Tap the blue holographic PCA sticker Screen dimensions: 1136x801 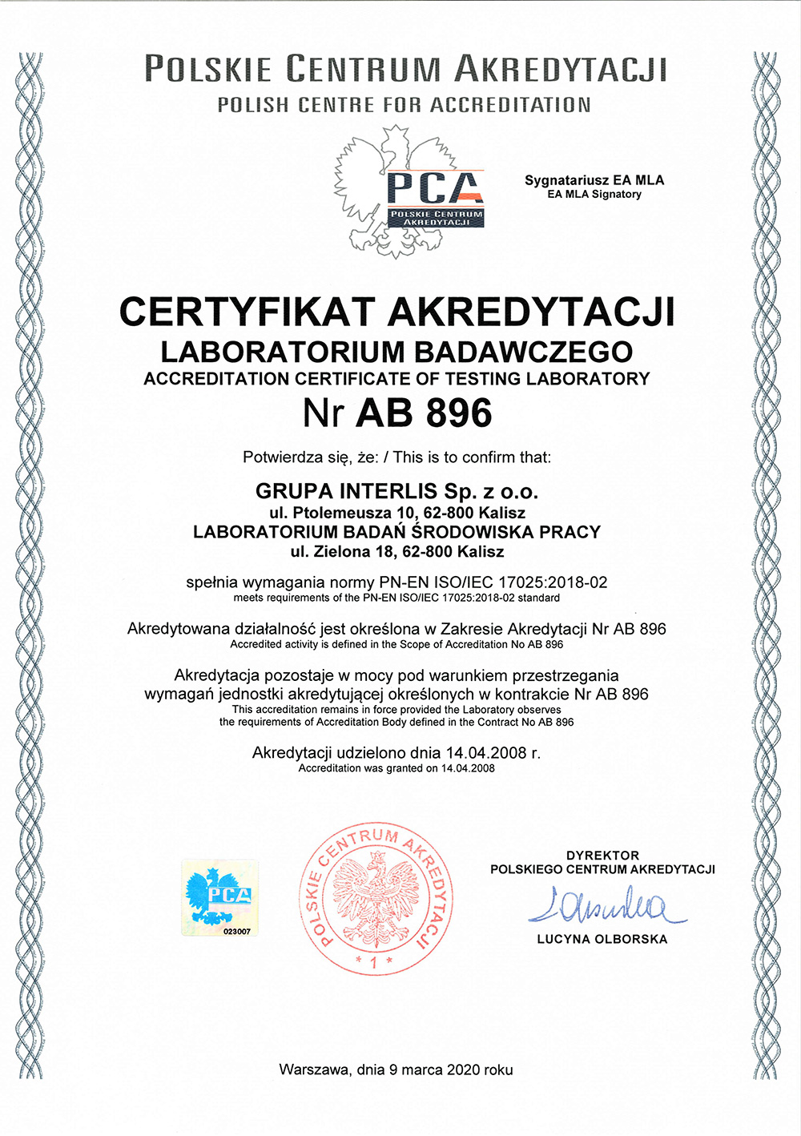219,896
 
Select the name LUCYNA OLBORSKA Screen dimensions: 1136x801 602,939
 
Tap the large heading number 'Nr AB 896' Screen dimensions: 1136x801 397,413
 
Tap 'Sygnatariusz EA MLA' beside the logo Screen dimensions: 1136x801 594,180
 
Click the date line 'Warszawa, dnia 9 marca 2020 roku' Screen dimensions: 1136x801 396,1070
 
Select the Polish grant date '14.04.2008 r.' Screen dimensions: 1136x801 493,752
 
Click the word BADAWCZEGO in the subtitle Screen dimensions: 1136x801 524,352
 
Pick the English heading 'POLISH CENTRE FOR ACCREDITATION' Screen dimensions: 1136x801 404,105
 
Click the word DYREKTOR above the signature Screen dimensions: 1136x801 602,856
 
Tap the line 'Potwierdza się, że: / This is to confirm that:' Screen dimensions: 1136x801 396,457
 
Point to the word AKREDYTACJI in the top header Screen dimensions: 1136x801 560,69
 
